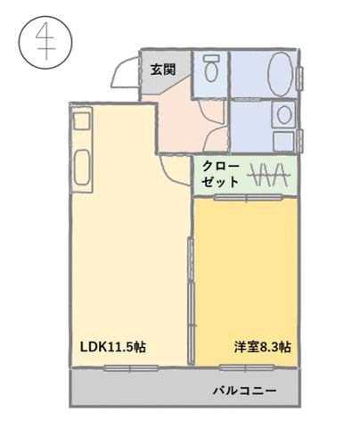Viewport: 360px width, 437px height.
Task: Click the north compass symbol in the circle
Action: click(40, 44)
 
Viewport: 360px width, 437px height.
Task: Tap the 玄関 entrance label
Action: click(161, 68)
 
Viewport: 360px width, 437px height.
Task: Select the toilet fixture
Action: click(212, 69)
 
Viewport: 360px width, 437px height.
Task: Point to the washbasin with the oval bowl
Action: click(283, 114)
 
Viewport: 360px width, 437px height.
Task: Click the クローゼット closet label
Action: click(220, 173)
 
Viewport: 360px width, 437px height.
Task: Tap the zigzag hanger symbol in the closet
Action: click(266, 175)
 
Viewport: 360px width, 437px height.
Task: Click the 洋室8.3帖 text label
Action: click(263, 347)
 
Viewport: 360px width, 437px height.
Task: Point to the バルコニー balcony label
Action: click(244, 391)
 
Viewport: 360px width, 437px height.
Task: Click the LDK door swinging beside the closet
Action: click(175, 169)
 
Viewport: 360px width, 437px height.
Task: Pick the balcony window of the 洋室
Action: click(252, 367)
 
